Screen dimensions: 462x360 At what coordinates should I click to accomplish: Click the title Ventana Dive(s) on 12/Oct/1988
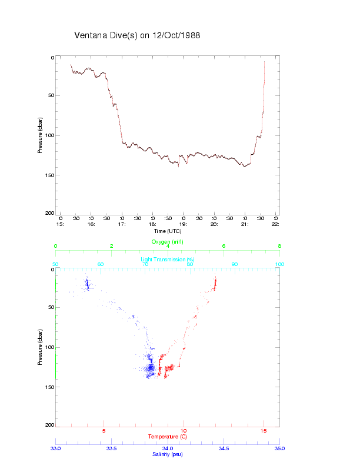(x=137, y=35)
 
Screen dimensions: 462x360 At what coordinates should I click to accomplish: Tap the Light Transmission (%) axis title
(x=168, y=260)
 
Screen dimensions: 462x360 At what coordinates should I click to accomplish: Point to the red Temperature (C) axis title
(x=168, y=436)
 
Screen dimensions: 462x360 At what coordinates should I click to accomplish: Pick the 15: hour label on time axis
(x=60, y=224)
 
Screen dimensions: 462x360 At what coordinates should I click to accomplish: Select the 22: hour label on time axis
(x=275, y=224)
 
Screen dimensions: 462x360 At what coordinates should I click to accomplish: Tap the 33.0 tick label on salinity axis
(x=55, y=448)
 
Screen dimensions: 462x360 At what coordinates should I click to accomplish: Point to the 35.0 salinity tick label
(x=279, y=448)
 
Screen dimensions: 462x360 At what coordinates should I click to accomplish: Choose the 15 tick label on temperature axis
(x=264, y=430)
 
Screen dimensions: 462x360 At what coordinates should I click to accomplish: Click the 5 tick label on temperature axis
(x=104, y=430)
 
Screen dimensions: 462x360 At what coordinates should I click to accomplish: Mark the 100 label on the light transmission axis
(x=279, y=265)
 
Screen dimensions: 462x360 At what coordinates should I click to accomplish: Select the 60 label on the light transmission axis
(x=100, y=265)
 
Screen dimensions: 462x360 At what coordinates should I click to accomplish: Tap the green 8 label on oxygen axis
(x=279, y=247)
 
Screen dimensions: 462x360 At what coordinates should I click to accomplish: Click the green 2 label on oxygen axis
(x=112, y=247)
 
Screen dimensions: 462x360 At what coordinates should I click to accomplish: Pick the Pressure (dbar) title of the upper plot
(x=39, y=135)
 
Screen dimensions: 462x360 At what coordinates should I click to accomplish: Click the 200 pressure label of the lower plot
(x=49, y=425)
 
